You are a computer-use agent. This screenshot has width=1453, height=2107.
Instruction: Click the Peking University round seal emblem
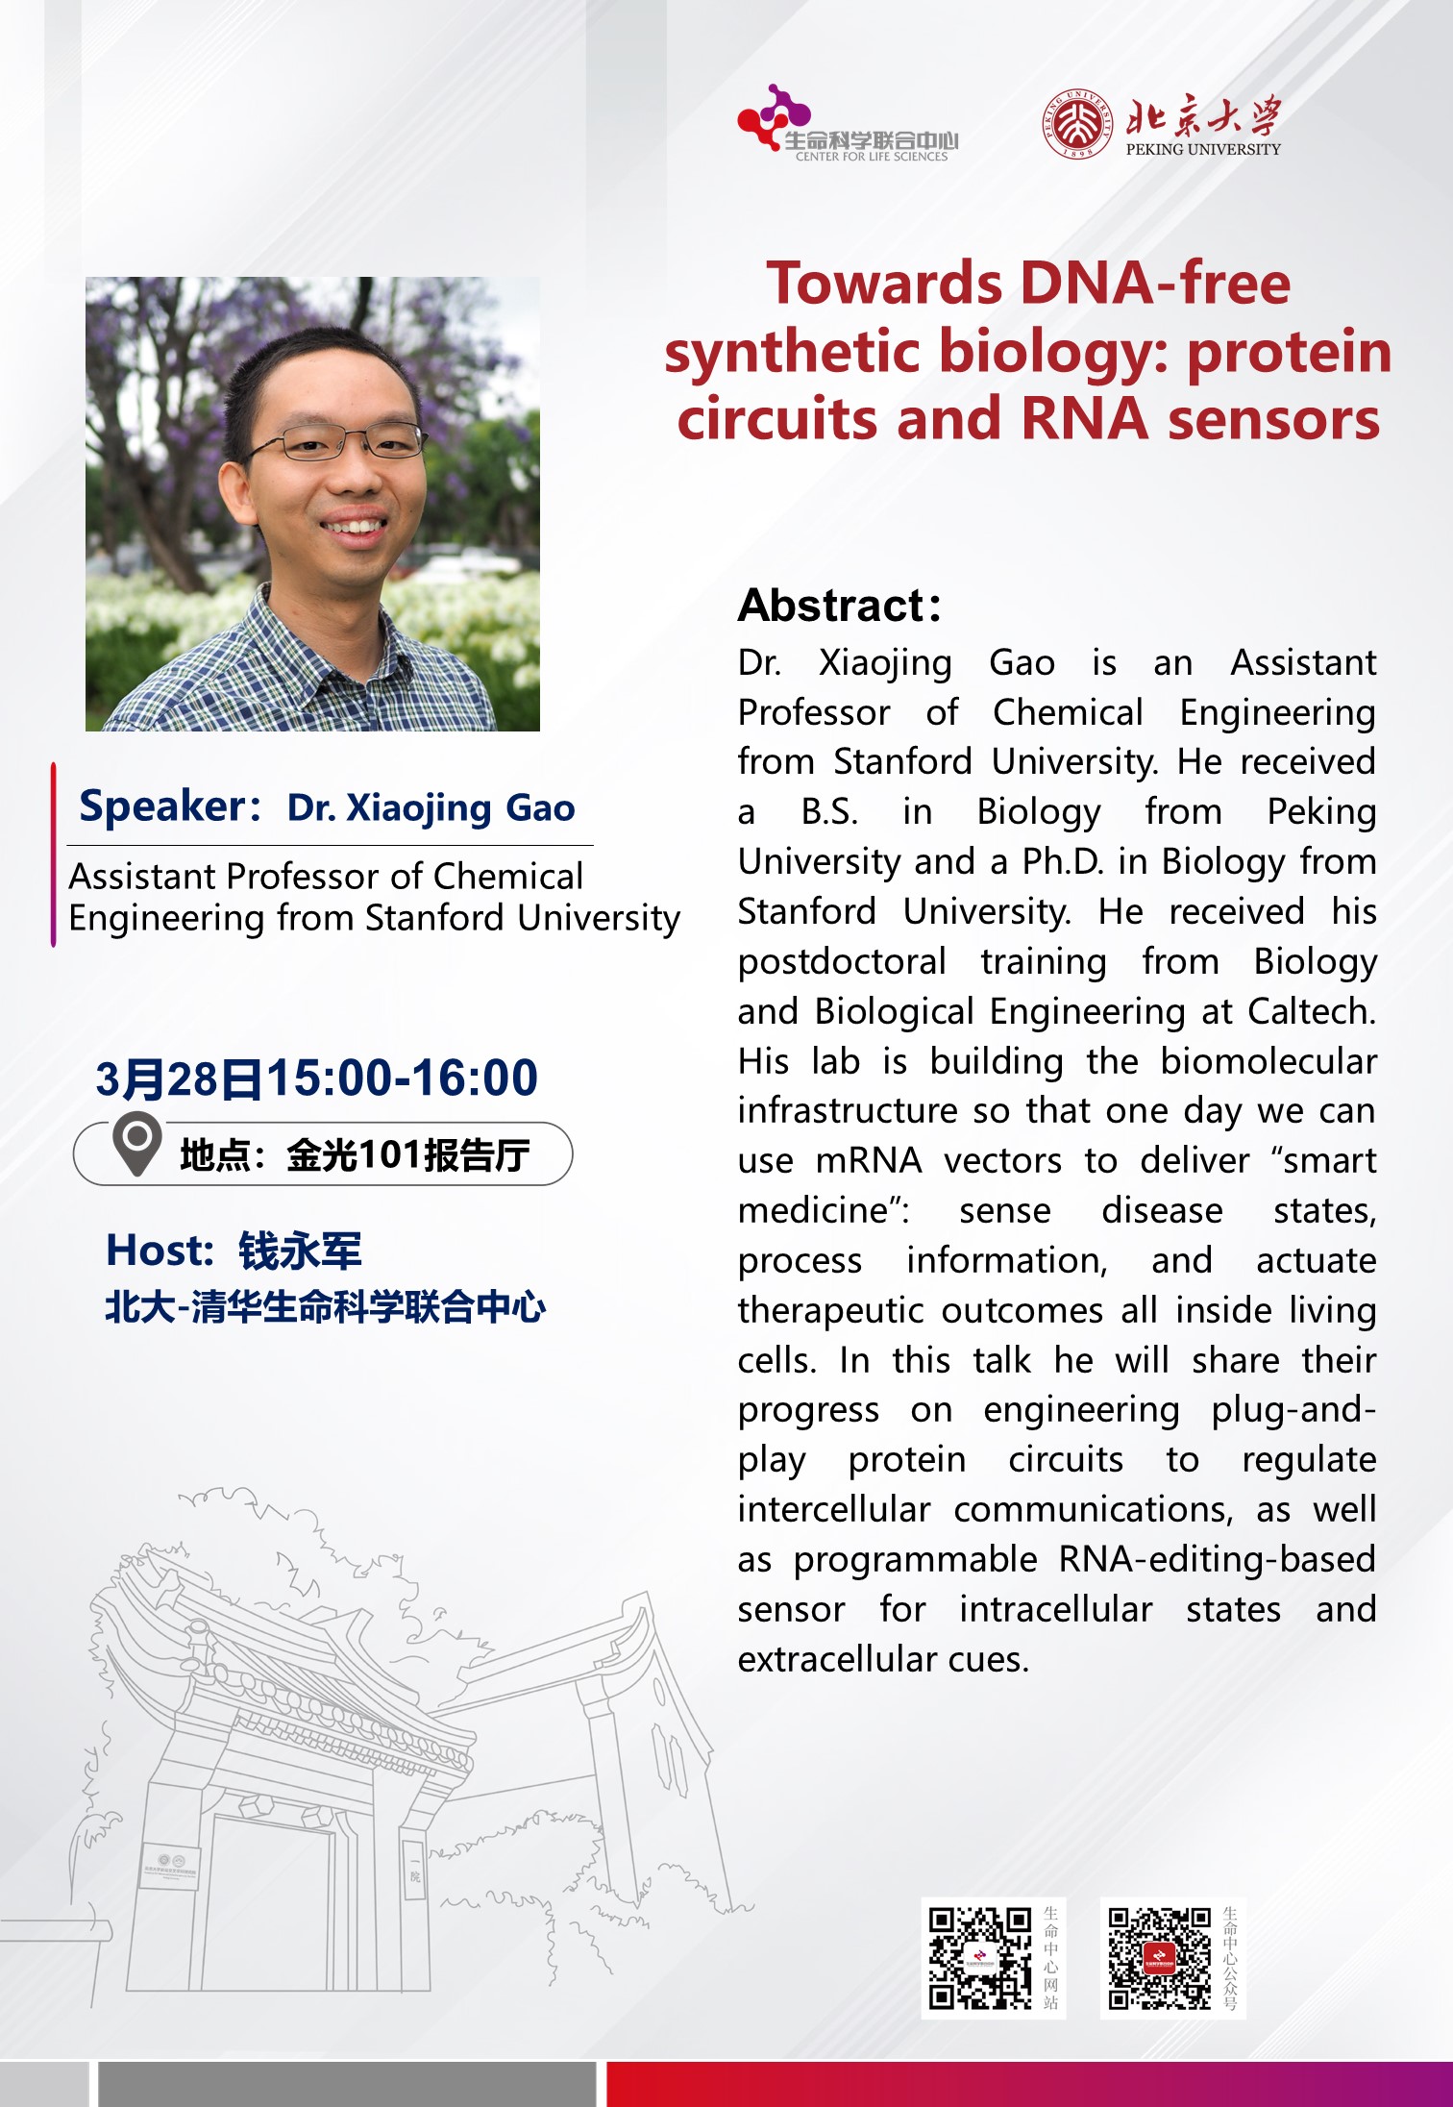(x=1079, y=124)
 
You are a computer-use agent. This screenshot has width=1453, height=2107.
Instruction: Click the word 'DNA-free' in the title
(x=1155, y=284)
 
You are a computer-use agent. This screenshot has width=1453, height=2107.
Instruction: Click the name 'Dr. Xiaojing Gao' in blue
(x=431, y=808)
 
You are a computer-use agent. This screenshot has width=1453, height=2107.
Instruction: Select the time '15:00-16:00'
(x=402, y=1078)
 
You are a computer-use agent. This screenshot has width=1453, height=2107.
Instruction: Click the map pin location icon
(x=136, y=1144)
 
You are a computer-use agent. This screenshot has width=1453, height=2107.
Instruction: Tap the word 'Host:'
(x=160, y=1251)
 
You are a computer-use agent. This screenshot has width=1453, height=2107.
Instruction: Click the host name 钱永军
(x=300, y=1251)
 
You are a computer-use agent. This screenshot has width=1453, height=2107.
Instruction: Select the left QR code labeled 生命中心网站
(x=979, y=1959)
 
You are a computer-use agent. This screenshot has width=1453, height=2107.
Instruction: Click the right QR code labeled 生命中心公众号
(x=1159, y=1959)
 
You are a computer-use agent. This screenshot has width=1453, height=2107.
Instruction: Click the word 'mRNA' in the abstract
(x=869, y=1161)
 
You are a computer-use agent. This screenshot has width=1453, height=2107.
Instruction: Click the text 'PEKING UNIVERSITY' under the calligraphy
(x=1203, y=149)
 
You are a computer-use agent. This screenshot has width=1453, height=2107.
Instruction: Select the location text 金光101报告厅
(x=407, y=1154)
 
